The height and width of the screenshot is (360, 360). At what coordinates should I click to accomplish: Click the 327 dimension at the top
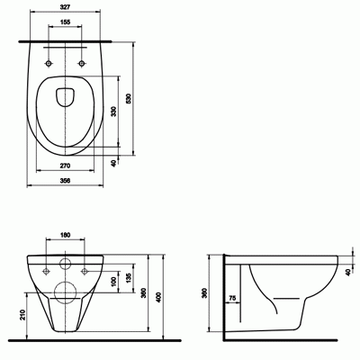coord(65,7)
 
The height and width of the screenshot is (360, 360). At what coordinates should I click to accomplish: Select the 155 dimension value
coord(65,22)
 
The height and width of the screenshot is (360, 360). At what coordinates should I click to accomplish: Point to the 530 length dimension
coord(129,98)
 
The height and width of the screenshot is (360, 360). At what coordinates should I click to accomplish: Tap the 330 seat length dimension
coord(113,111)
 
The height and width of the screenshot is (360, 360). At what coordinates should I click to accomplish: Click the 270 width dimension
coord(65,166)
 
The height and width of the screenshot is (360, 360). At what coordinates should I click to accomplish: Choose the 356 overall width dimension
coord(65,181)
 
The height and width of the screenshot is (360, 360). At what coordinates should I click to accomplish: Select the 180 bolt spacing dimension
coord(65,235)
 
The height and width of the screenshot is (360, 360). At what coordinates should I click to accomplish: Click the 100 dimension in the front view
coord(113,282)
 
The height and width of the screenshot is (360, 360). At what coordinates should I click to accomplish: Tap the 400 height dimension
coord(159,297)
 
